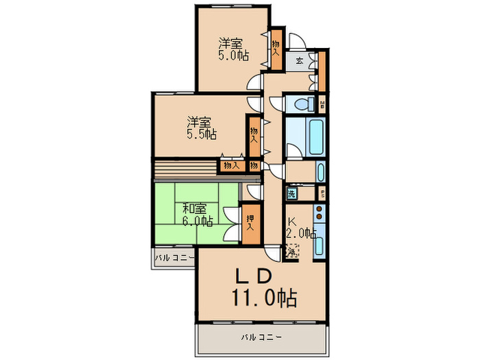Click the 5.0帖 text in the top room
[233, 56]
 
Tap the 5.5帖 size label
[202, 135]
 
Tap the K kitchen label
[291, 221]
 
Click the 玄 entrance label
[300, 61]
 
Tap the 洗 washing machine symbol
[291, 194]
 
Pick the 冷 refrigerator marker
[292, 252]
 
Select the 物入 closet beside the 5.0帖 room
[276, 47]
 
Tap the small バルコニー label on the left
[174, 259]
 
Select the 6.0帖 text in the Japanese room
[197, 221]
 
